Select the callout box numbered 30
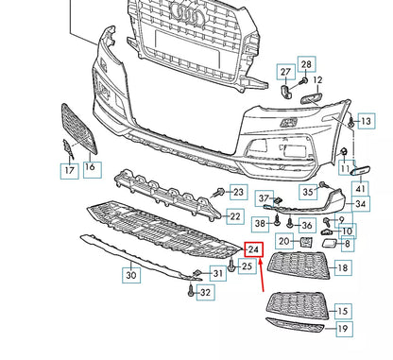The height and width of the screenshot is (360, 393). point(130,275)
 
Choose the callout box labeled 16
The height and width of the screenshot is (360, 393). point(91,168)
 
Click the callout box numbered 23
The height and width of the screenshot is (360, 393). point(238,193)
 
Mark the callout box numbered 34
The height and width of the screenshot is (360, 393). point(362,204)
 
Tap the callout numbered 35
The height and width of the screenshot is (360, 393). point(308,192)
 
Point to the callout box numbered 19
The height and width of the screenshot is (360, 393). point(343,330)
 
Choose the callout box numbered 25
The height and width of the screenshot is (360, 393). point(248,268)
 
